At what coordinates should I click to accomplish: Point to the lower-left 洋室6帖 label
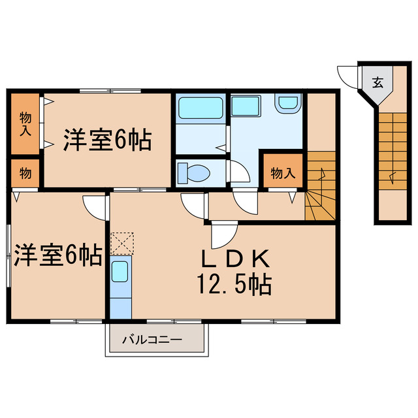pos(57,255)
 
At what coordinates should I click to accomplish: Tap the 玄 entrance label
pos(378,83)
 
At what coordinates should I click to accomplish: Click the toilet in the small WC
pos(196,172)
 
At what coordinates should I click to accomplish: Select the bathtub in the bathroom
pos(201,107)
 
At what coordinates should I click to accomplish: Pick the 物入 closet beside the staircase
pos(283,173)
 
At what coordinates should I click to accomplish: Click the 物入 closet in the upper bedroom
pos(25,123)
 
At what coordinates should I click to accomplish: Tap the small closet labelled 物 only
pos(25,173)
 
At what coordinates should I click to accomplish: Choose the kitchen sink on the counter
pos(120,272)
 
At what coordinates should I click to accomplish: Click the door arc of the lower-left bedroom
pos(96,208)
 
